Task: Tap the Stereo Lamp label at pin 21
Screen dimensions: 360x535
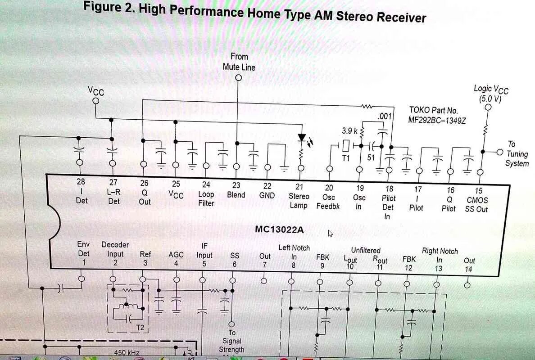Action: pos(299,201)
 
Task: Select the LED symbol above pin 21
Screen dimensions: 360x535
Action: pos(301,139)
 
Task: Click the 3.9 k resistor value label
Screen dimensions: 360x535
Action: pos(349,131)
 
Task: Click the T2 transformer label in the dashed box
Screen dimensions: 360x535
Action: pos(140,328)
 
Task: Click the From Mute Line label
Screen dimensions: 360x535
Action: pos(239,62)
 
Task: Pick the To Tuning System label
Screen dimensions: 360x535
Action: pos(516,153)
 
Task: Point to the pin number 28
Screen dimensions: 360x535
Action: pos(81,182)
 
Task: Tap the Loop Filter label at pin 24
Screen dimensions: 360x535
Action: pos(206,199)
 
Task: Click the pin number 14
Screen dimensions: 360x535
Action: pos(469,269)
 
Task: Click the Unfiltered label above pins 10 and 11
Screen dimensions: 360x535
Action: pos(366,250)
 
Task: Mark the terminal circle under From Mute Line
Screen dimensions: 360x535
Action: pos(239,77)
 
